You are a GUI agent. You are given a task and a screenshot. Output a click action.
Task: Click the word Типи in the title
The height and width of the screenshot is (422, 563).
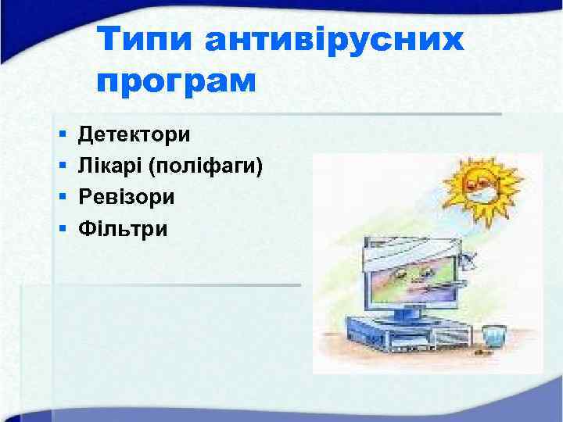145,40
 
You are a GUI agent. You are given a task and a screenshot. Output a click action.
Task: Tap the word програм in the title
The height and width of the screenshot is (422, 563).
178,80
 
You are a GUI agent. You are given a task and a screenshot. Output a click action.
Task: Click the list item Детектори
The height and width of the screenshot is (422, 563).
134,134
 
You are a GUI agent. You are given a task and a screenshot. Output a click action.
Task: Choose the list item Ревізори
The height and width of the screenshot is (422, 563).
127,197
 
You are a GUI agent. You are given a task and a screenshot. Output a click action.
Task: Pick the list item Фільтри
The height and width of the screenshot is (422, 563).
123,228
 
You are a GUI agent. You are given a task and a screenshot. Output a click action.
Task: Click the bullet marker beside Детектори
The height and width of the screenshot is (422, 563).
62,135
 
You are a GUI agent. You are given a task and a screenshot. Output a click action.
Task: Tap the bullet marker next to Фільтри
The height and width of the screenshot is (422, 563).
62,229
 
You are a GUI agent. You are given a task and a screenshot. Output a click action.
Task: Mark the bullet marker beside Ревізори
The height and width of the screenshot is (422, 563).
62,198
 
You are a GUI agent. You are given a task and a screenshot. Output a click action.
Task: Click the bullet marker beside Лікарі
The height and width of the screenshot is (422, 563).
62,166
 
